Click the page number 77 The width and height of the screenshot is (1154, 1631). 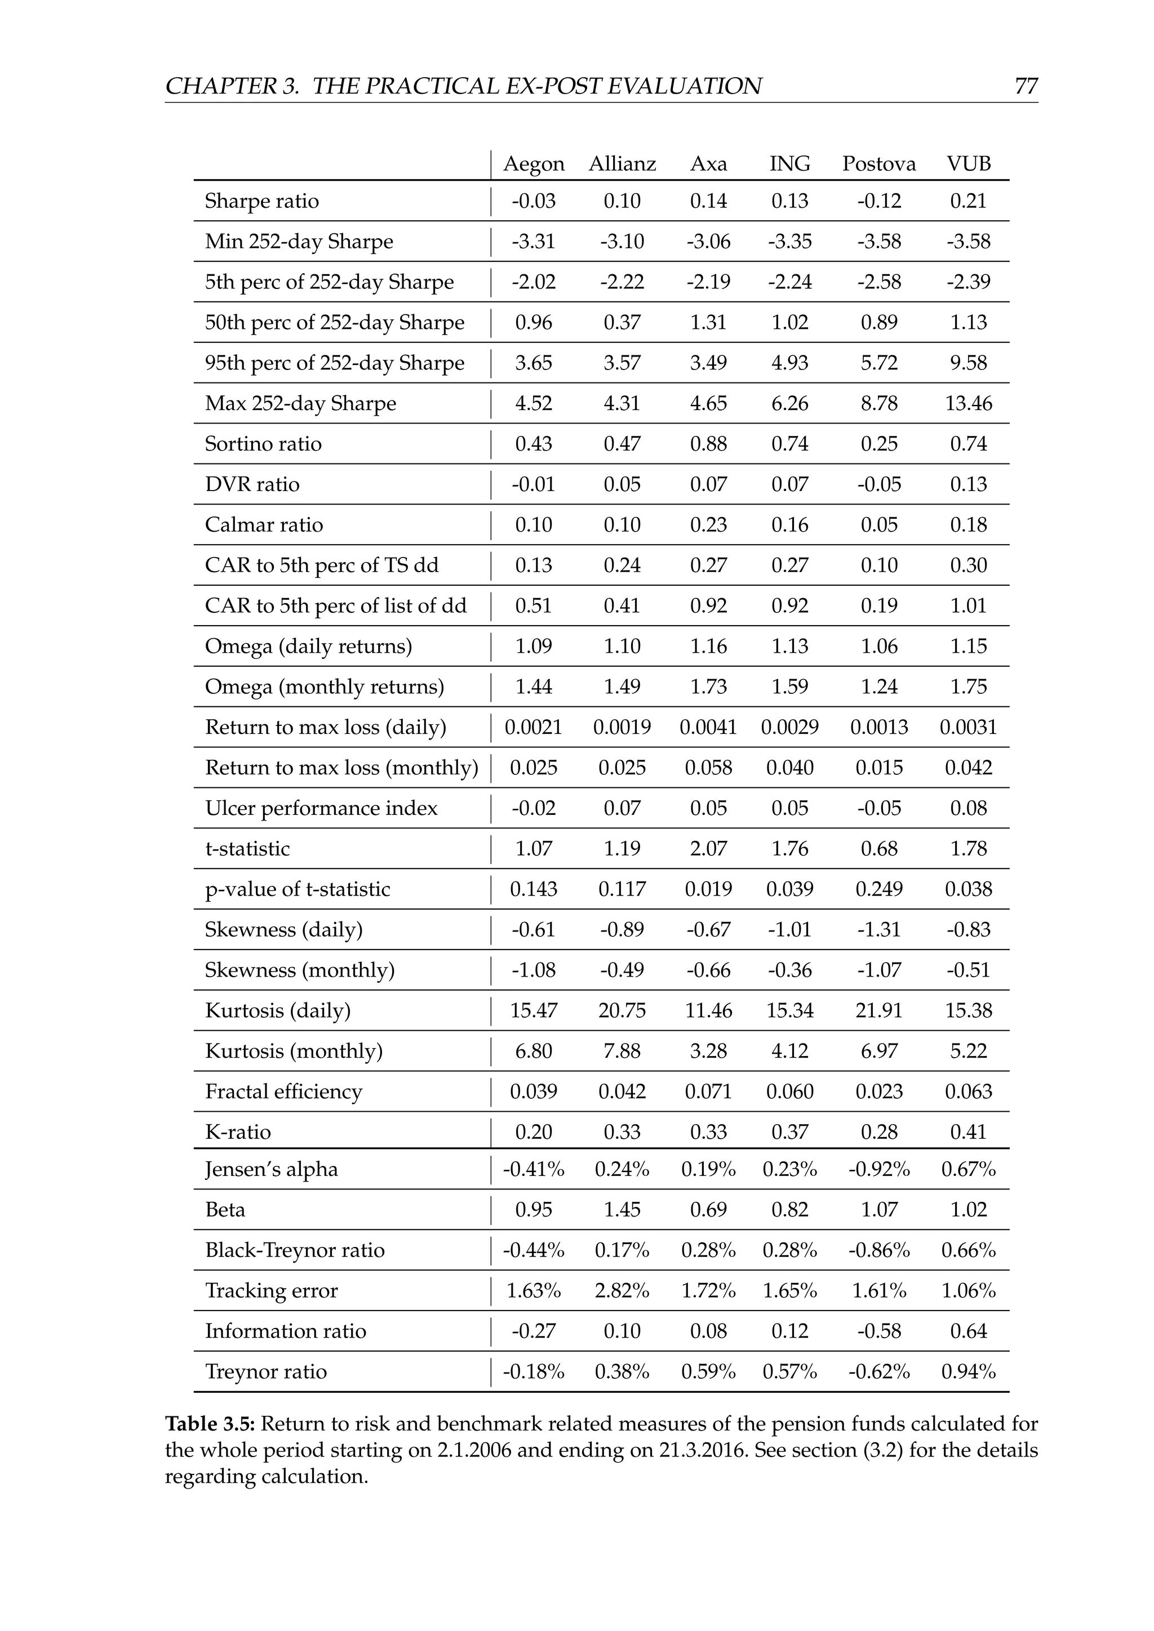click(x=1026, y=86)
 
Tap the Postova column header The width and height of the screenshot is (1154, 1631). click(x=878, y=164)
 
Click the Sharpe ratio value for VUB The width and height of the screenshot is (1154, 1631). click(x=968, y=201)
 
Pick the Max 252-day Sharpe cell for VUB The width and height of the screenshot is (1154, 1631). click(x=968, y=403)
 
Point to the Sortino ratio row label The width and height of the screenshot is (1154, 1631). click(x=263, y=444)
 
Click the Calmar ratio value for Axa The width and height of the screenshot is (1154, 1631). click(x=708, y=525)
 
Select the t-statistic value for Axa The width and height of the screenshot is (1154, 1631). click(x=708, y=849)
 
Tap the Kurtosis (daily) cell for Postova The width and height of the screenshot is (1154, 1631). click(x=878, y=1011)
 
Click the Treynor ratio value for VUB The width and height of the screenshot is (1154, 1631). click(x=968, y=1372)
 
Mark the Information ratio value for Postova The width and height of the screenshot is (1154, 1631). click(x=878, y=1331)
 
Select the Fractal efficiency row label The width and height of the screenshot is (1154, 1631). click(x=283, y=1092)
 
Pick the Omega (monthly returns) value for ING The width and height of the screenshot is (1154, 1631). click(x=789, y=687)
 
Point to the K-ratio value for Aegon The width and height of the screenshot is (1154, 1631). click(x=533, y=1133)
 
